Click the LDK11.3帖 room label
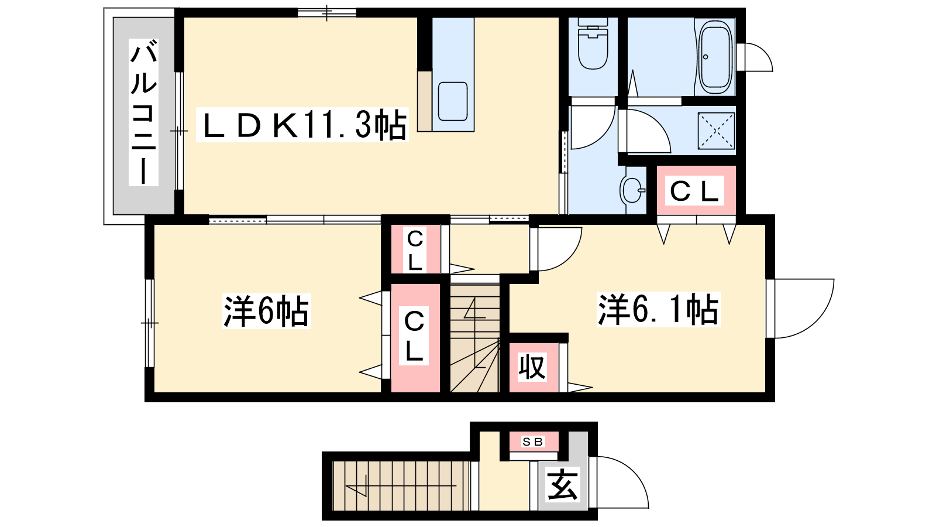click(x=304, y=125)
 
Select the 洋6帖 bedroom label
click(x=266, y=311)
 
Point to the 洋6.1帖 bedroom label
click(x=658, y=309)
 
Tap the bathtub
click(x=715, y=57)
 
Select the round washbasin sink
click(x=631, y=189)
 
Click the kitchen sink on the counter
click(x=452, y=101)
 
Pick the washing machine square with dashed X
click(x=715, y=130)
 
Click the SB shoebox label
click(x=532, y=442)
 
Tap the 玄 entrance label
click(x=563, y=485)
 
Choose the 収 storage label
click(x=532, y=367)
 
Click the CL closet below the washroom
click(x=694, y=191)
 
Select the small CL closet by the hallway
click(x=415, y=250)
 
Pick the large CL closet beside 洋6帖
click(x=414, y=337)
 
